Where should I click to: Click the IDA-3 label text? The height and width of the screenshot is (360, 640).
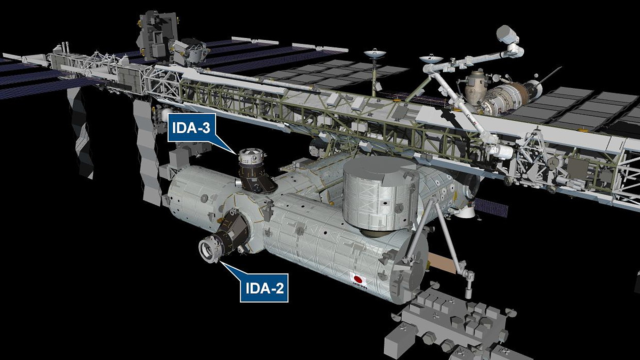click(191, 128)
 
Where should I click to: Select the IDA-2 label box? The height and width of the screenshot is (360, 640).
click(264, 288)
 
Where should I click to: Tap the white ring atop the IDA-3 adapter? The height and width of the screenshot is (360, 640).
click(251, 155)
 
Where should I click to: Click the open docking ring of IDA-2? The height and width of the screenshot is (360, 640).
click(208, 250)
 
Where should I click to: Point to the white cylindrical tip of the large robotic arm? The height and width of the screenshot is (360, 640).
click(506, 35)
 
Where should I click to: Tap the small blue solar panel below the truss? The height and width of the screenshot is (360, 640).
click(491, 207)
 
